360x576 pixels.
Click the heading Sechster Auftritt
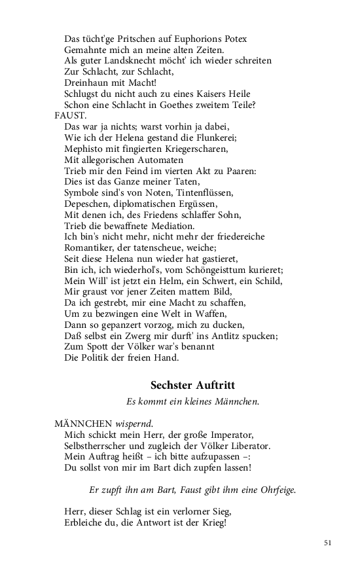[x=192, y=386]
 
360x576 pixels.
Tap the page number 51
[x=328, y=543]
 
